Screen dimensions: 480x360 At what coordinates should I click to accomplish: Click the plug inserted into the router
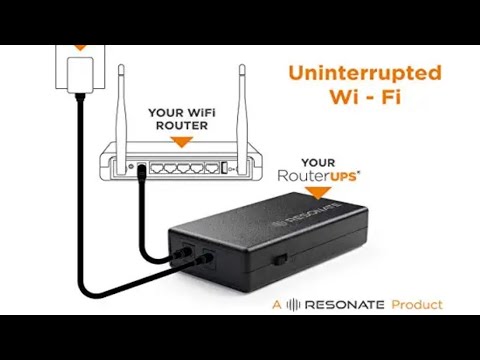pyautogui.click(x=146, y=175)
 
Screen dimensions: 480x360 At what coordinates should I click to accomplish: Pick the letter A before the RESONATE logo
pyautogui.click(x=277, y=302)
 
